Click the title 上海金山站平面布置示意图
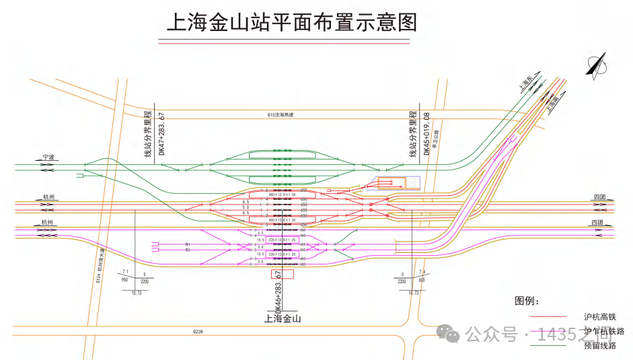292,22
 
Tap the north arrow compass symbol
595,67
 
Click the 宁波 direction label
48,157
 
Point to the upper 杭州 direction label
48,197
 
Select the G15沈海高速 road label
280,115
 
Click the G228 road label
198,332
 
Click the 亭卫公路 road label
436,138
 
